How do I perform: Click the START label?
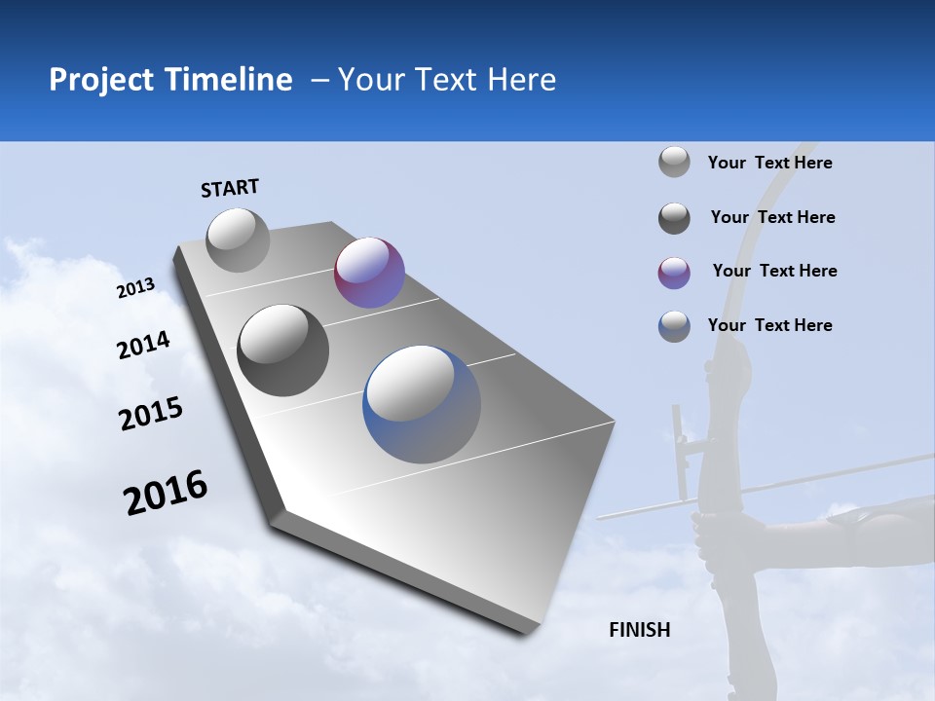point(230,188)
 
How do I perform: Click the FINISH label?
point(639,630)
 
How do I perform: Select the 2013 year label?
point(135,288)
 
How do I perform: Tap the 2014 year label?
point(143,346)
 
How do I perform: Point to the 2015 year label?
point(151,414)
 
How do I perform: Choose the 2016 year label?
point(166,493)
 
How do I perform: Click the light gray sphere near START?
point(238,240)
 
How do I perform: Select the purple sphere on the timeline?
point(369,273)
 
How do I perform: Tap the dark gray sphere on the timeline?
point(282,350)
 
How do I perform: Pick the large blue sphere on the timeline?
point(421,404)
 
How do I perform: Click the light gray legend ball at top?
point(674,162)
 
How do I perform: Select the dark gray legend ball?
point(674,218)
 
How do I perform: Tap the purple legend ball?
point(674,273)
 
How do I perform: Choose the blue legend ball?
point(674,326)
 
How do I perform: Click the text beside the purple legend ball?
point(774,271)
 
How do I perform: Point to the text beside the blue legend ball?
point(769,325)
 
